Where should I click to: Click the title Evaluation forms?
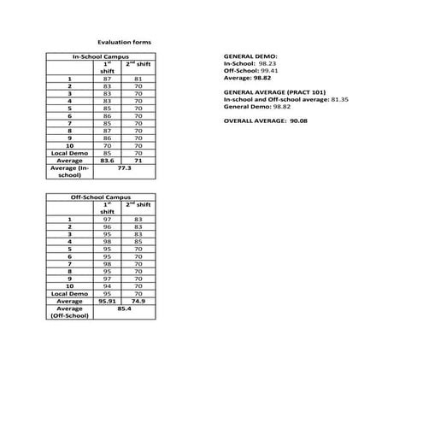124,40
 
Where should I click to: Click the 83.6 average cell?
108,160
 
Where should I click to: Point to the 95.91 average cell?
108,302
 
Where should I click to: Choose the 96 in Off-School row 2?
108,227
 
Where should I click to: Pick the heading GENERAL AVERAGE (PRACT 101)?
273,92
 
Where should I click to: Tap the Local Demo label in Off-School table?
68,294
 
